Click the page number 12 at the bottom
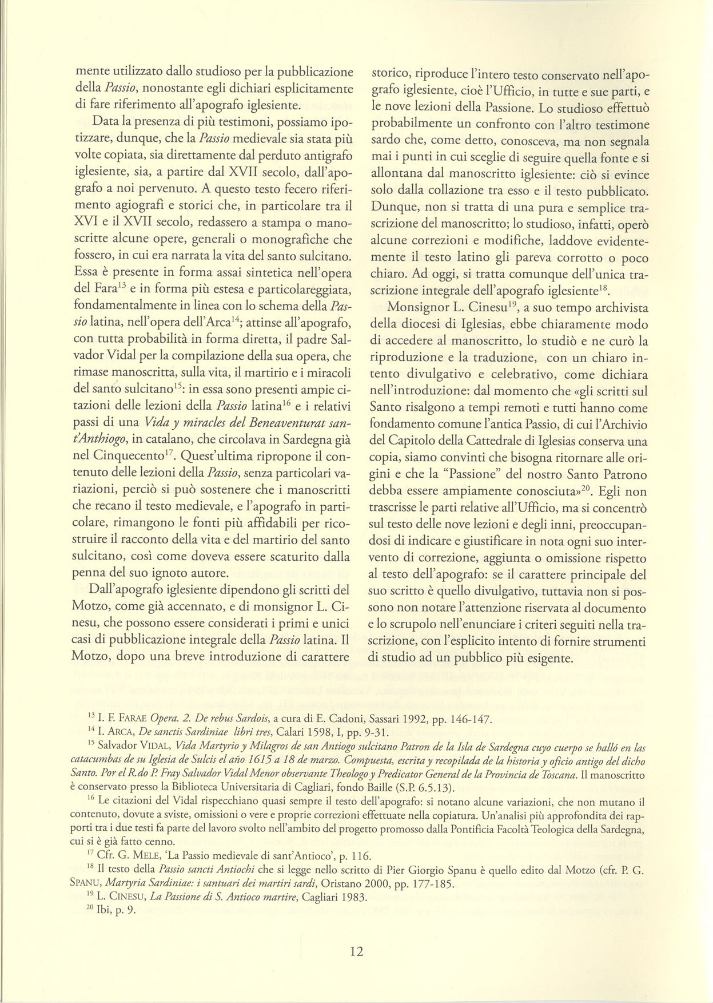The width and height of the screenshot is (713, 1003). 356,951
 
